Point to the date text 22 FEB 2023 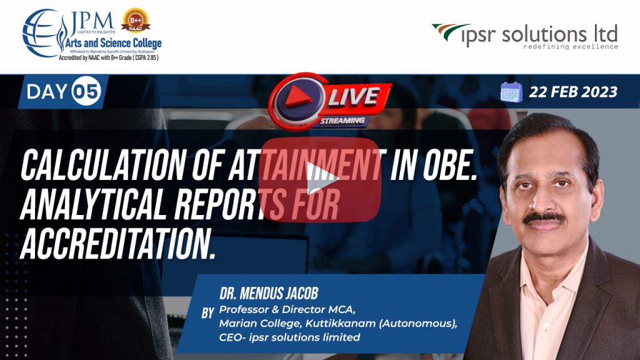click(572, 92)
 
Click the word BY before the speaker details click(207, 312)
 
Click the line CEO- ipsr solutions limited click(289, 337)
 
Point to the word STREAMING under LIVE click(343, 119)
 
